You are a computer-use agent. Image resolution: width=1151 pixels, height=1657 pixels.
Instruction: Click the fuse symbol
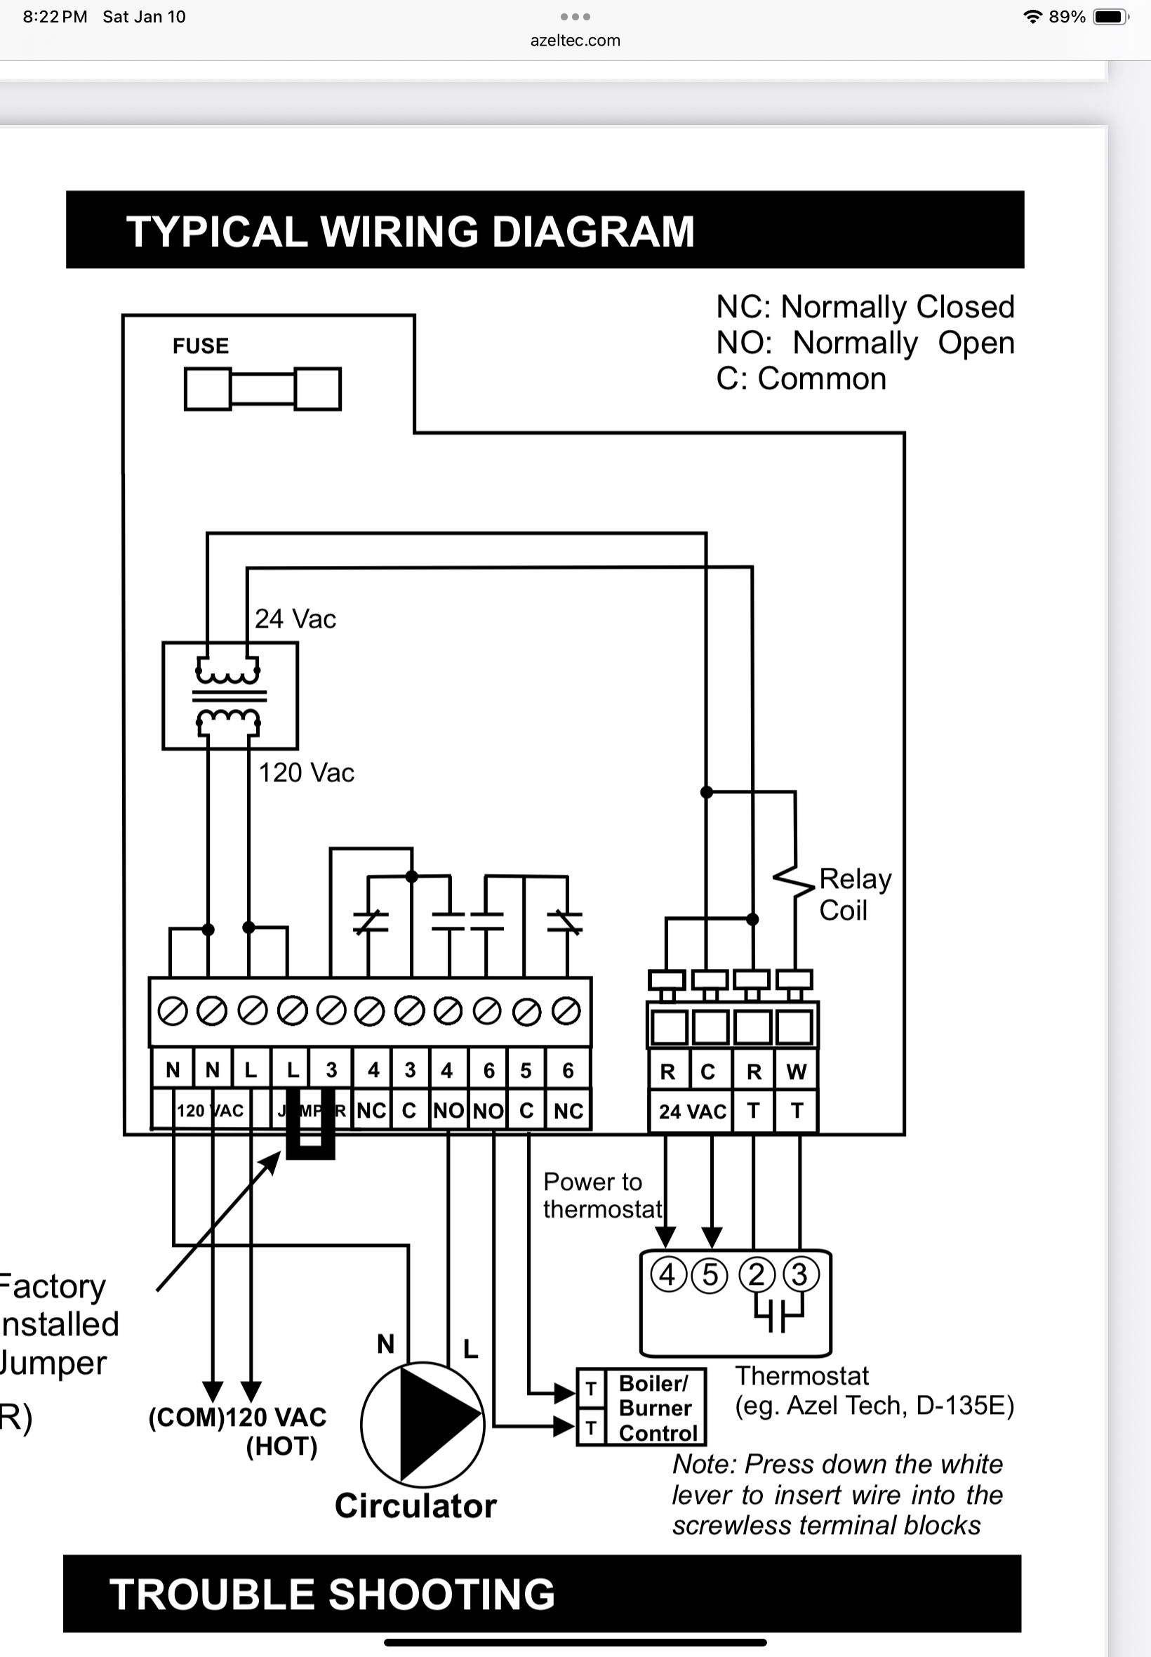[x=262, y=389]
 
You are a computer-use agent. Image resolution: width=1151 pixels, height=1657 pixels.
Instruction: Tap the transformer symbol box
[x=230, y=696]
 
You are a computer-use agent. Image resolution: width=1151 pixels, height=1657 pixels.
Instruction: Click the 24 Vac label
[x=295, y=619]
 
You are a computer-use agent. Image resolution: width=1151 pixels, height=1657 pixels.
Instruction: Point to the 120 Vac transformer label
[x=307, y=772]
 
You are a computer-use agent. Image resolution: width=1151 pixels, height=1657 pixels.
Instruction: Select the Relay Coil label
[x=855, y=894]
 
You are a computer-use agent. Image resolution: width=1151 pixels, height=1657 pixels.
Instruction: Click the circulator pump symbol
[x=423, y=1425]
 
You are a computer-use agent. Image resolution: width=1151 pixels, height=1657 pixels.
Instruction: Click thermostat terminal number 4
[x=667, y=1274]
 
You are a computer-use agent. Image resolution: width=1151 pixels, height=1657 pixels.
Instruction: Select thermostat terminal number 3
[x=800, y=1274]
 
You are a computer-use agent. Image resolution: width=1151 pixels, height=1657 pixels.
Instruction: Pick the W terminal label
[x=796, y=1072]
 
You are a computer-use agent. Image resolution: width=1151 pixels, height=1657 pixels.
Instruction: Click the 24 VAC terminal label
[x=692, y=1111]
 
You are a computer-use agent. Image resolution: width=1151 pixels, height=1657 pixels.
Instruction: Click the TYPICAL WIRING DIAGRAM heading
[x=411, y=231]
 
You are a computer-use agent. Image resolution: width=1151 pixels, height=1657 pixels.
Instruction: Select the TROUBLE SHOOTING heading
[x=333, y=1595]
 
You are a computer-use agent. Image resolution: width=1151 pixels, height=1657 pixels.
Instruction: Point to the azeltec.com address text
[x=575, y=41]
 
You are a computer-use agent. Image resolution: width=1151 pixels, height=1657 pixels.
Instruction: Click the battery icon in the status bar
[x=1110, y=17]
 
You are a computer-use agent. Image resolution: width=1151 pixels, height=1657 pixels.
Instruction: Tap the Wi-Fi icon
[x=1032, y=17]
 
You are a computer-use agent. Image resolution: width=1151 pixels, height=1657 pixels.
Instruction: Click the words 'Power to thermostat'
[x=602, y=1195]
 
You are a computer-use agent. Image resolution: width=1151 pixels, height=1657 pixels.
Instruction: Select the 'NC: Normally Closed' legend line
[x=865, y=308]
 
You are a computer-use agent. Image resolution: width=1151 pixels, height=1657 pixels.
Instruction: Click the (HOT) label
[x=282, y=1446]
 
